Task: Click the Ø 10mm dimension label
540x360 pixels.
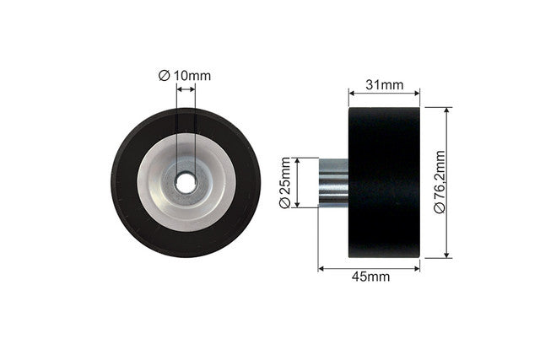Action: point(185,75)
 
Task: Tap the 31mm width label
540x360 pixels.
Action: point(385,84)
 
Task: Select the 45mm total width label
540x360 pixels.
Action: point(371,277)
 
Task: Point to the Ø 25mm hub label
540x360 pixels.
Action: point(285,183)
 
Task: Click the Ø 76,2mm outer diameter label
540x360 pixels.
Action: point(440,182)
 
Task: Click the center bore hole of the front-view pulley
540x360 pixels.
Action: point(186,183)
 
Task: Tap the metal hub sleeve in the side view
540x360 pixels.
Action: point(333,182)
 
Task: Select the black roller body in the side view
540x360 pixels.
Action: point(385,182)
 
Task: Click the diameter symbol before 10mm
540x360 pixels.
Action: point(165,75)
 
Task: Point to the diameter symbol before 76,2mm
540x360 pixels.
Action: point(440,208)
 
